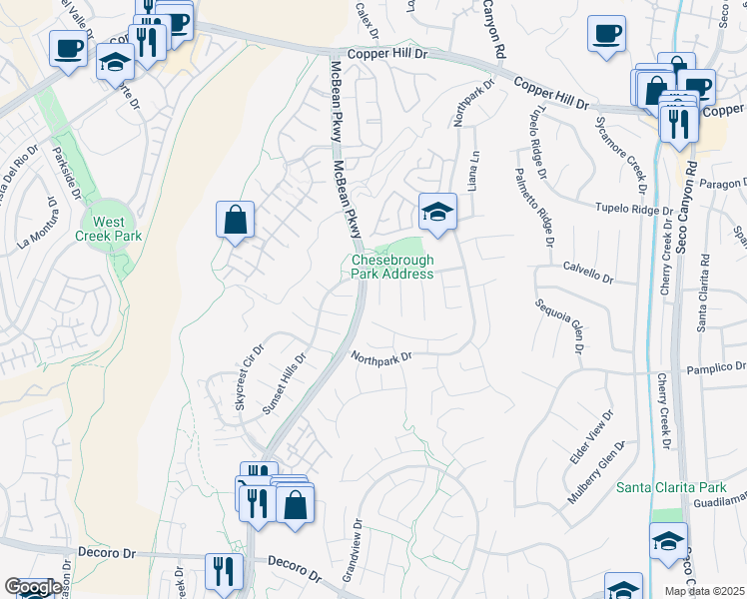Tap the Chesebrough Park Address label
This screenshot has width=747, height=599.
(x=392, y=267)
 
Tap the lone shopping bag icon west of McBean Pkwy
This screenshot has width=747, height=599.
(x=235, y=221)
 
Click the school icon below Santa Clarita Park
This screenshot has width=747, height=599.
(x=668, y=541)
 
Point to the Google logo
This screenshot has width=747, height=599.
(x=32, y=588)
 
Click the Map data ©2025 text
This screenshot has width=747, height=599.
(x=704, y=591)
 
